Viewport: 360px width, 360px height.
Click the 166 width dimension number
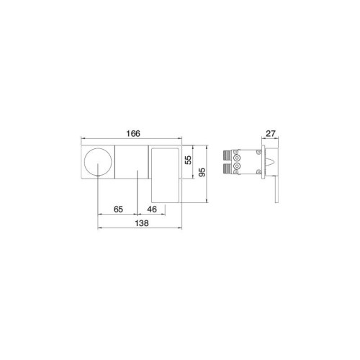tap(133, 133)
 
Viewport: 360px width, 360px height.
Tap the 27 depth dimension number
tap(270, 133)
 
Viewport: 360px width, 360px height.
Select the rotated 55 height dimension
tap(189, 160)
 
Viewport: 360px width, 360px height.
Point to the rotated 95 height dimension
tap(202, 172)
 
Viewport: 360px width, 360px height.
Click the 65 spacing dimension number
tap(118, 210)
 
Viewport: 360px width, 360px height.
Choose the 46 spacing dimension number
tap(152, 210)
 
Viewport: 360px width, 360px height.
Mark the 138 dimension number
tap(142, 223)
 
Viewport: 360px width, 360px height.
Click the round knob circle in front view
tap(98, 162)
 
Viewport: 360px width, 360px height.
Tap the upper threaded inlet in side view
tap(227, 156)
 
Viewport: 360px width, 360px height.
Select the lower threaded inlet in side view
tap(227, 168)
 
